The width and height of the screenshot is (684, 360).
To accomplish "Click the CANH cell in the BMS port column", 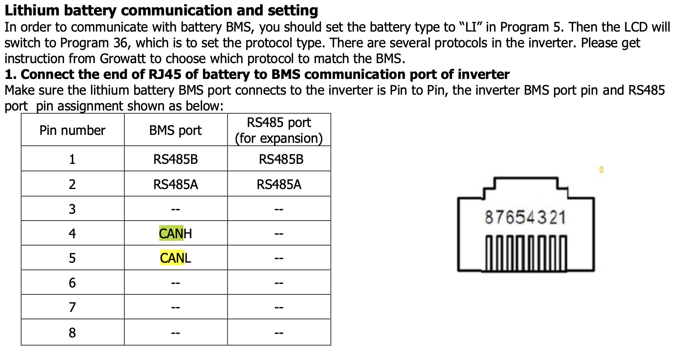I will [175, 234].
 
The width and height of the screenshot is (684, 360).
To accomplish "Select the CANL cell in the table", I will [175, 258].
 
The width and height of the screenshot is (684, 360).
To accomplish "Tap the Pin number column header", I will [72, 130].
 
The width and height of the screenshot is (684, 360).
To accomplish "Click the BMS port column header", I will [175, 130].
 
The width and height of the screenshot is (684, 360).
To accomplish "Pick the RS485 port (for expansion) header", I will [279, 130].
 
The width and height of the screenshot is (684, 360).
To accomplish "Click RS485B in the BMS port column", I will [175, 159].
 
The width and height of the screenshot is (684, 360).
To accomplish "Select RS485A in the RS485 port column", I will [279, 185].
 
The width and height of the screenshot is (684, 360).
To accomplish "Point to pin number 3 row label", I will [72, 209].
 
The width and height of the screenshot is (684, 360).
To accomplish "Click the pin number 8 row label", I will [72, 333].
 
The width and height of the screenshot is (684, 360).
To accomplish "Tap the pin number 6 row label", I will [72, 283].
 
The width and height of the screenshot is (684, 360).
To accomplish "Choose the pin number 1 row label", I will [72, 159].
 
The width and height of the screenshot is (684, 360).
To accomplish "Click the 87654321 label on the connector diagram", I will [525, 218].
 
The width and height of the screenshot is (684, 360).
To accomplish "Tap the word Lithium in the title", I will [32, 11].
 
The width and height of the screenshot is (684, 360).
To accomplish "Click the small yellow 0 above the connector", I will [601, 170].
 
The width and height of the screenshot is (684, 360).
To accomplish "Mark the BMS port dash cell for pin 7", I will [175, 308].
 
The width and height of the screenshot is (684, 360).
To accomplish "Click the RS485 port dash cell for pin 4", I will [279, 234].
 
